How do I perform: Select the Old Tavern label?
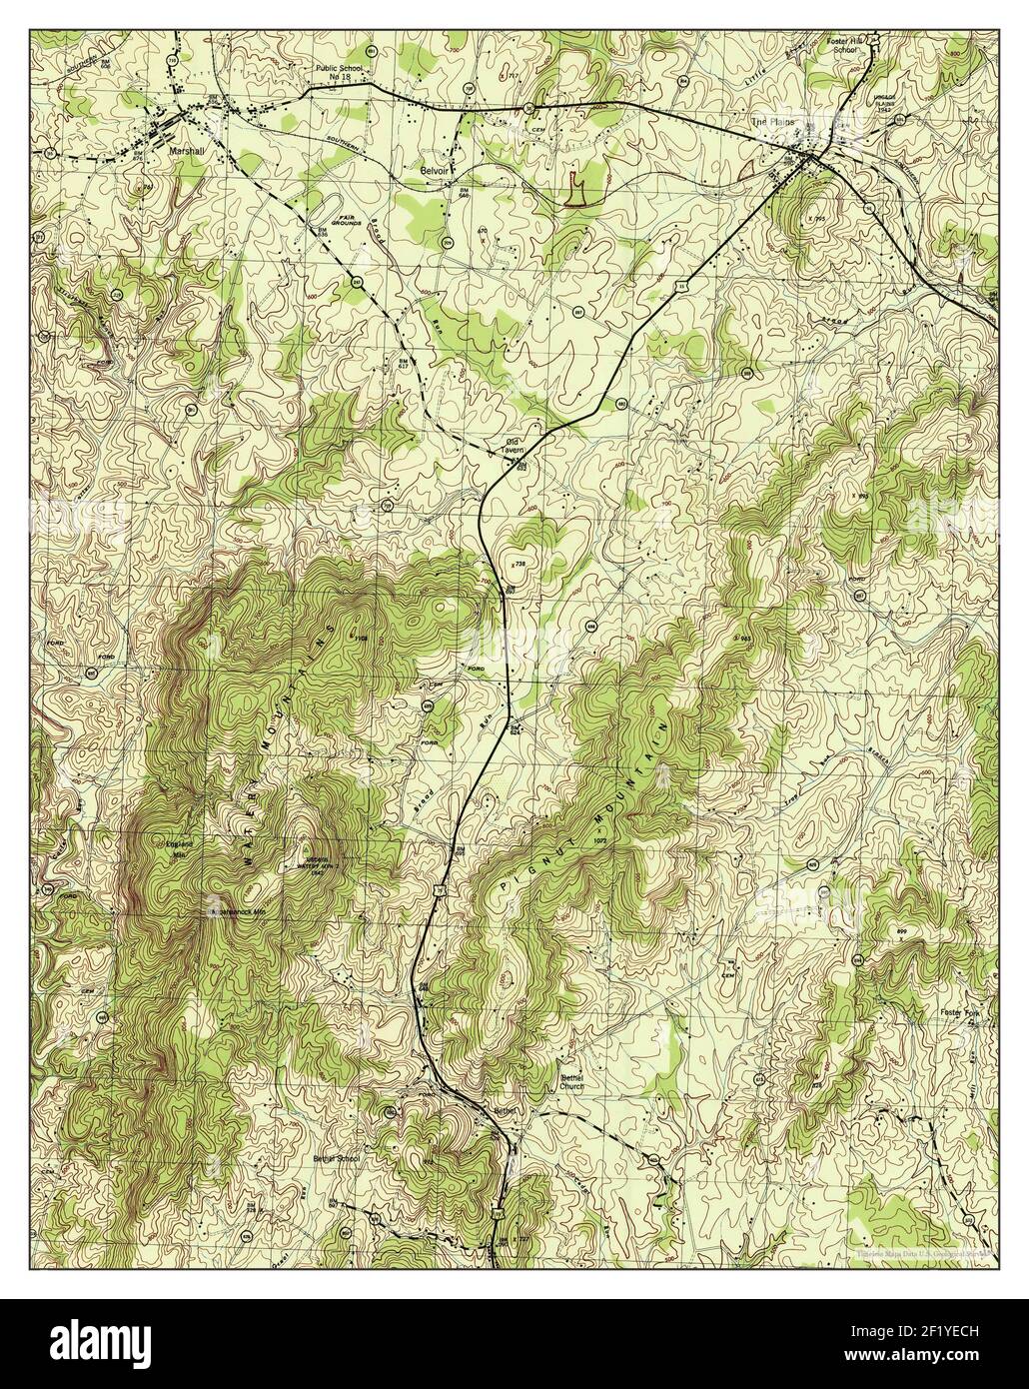point(514,445)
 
